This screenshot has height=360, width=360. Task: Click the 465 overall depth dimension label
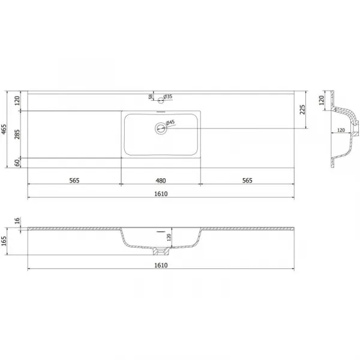tap(4, 129)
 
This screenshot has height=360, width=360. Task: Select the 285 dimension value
tap(17, 134)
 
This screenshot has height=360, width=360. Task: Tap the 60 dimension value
tap(17, 163)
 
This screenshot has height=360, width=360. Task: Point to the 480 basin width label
tap(161, 181)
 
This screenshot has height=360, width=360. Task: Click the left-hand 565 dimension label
tap(74, 181)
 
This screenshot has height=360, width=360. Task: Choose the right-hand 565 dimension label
tap(247, 181)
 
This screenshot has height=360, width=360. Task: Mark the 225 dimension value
tap(302, 110)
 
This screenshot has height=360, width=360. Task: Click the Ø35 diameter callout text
tap(168, 97)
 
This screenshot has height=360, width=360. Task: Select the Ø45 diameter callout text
tap(170, 122)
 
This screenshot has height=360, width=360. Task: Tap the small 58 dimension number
tap(151, 97)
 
